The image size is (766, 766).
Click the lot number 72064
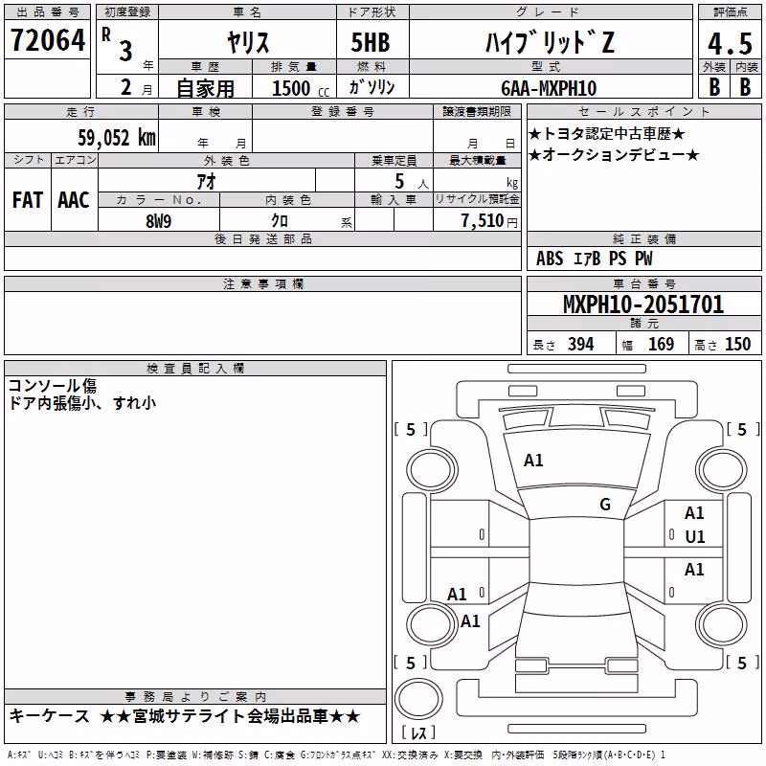48,39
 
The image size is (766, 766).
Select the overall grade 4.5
730,43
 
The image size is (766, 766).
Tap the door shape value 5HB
371,42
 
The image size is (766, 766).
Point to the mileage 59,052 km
117,138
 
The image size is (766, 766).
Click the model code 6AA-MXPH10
549,88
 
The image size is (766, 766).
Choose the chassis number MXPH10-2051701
643,304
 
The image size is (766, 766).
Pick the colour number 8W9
158,221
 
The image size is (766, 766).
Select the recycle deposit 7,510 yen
489,221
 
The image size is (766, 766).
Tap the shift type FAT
28,200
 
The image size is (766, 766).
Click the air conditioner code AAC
74,200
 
